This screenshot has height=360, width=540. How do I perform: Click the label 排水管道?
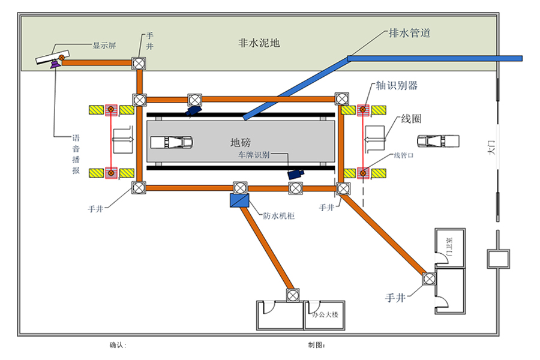point(410,34)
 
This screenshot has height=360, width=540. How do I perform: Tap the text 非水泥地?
point(259,43)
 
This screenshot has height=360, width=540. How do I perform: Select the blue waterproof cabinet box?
point(238,200)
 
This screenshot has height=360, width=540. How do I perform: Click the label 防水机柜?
point(277,216)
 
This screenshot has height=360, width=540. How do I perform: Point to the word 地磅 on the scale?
point(241,143)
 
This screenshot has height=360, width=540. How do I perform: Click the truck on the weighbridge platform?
point(171,142)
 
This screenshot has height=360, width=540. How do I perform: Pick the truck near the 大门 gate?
point(439,142)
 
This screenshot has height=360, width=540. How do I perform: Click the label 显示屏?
point(104,45)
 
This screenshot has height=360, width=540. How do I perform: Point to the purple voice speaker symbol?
point(56,64)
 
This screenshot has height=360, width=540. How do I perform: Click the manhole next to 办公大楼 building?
point(292,295)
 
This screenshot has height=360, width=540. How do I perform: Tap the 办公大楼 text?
point(325,314)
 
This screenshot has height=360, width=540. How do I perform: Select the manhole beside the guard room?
point(429,278)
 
